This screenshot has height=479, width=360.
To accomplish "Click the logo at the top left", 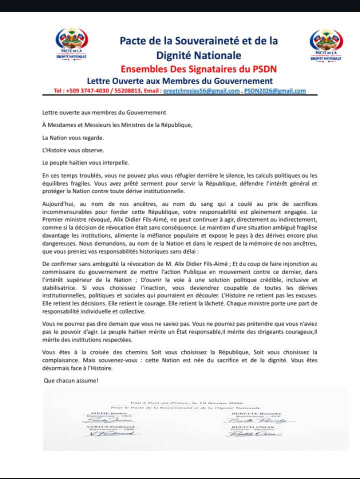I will (72, 44).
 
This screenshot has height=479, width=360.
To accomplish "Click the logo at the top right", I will (326, 44).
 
